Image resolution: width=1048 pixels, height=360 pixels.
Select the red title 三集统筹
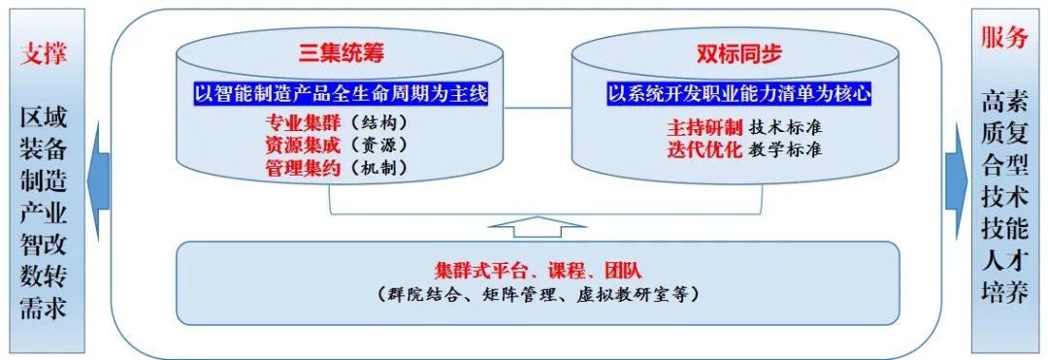pos(339,52)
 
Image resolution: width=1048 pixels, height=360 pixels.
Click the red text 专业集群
pos(301,124)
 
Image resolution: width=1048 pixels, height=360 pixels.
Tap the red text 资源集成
pos(301,146)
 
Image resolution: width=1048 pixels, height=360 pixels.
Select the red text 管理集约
pos(301,167)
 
